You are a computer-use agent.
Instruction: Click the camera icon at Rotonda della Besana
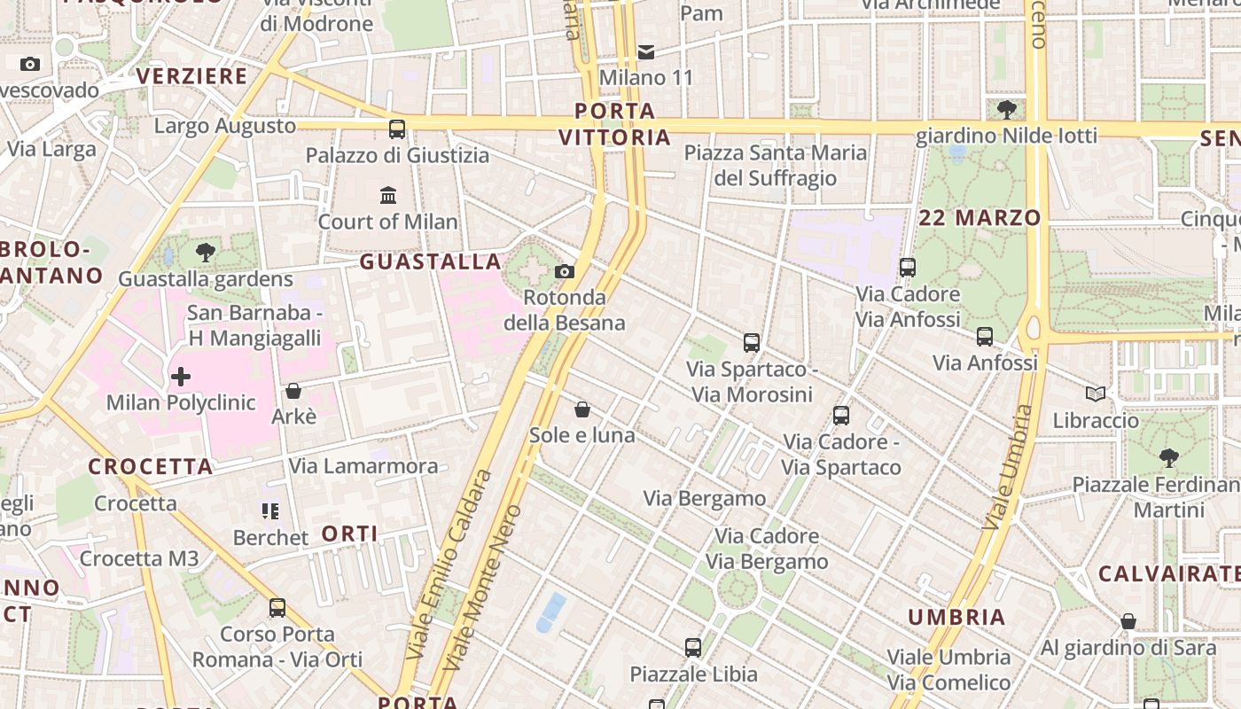pyautogui.click(x=565, y=271)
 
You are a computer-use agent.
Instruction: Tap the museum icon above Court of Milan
pyautogui.click(x=388, y=195)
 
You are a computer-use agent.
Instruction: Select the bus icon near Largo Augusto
pyautogui.click(x=397, y=129)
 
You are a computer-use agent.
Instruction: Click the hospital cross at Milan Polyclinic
pyautogui.click(x=181, y=377)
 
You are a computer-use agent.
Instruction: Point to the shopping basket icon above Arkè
pyautogui.click(x=293, y=391)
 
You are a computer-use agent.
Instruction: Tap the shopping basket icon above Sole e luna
pyautogui.click(x=582, y=409)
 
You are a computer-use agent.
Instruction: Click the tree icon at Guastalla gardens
pyautogui.click(x=206, y=253)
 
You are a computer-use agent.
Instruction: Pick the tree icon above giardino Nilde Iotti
pyautogui.click(x=1006, y=110)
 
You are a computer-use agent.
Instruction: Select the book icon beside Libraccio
pyautogui.click(x=1096, y=394)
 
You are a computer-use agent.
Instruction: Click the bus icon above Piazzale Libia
pyautogui.click(x=693, y=648)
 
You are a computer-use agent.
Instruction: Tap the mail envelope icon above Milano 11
pyautogui.click(x=646, y=52)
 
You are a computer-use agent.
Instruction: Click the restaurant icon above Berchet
pyautogui.click(x=270, y=511)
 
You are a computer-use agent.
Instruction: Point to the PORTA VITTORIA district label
pyautogui.click(x=615, y=124)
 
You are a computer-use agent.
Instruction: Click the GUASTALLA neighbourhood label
pyautogui.click(x=431, y=261)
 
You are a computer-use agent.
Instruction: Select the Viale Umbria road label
pyautogui.click(x=1009, y=468)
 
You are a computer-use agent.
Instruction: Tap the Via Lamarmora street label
pyautogui.click(x=363, y=466)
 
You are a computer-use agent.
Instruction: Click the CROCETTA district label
pyautogui.click(x=151, y=466)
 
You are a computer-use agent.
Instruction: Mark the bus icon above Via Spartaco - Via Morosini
pyautogui.click(x=752, y=342)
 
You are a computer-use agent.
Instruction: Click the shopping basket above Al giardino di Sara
pyautogui.click(x=1128, y=622)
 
